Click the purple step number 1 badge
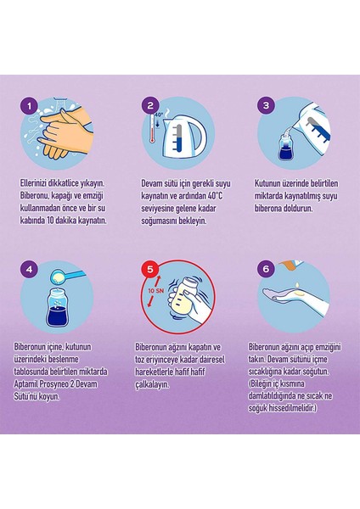click(x=30, y=106)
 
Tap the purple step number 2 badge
click(x=150, y=105)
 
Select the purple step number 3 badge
click(x=266, y=105)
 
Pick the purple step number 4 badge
click(x=30, y=269)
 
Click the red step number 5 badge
click(x=150, y=269)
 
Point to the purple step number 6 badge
click(x=266, y=269)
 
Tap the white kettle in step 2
click(x=184, y=136)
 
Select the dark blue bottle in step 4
click(x=57, y=308)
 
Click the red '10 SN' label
click(x=155, y=291)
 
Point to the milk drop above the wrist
click(x=297, y=286)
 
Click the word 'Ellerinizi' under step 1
click(x=33, y=183)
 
